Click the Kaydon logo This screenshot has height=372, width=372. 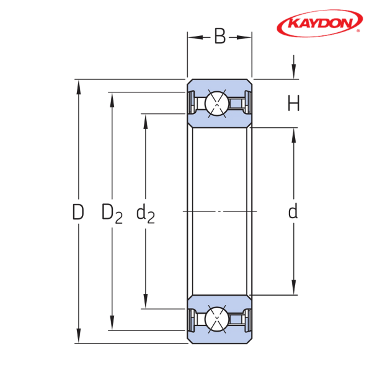tap(319, 24)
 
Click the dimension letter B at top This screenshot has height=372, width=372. tap(220, 37)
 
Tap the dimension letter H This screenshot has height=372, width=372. tap(294, 103)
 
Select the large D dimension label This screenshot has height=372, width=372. tap(78, 211)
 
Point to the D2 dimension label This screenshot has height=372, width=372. tap(112, 213)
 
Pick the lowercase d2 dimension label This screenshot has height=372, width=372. tap(146, 213)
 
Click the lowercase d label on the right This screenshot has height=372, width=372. tap(293, 211)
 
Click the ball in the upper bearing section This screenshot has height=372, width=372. tap(217, 104)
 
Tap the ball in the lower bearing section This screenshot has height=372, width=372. tap(217, 319)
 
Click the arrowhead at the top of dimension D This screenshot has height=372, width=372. tap(78, 87)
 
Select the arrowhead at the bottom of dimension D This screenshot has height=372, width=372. tap(78, 335)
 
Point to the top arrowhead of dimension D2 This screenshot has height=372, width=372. tap(112, 100)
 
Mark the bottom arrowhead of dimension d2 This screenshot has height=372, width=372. tap(146, 301)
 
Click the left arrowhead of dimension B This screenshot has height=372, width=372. tap(195, 37)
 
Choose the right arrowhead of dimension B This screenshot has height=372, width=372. tap(244, 37)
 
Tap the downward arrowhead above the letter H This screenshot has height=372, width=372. tap(294, 71)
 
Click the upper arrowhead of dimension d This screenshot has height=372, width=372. tap(294, 135)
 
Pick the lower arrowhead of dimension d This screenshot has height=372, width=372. tap(294, 288)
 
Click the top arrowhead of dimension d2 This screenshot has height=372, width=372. tap(146, 122)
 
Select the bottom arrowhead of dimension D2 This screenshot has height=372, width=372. tap(112, 323)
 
